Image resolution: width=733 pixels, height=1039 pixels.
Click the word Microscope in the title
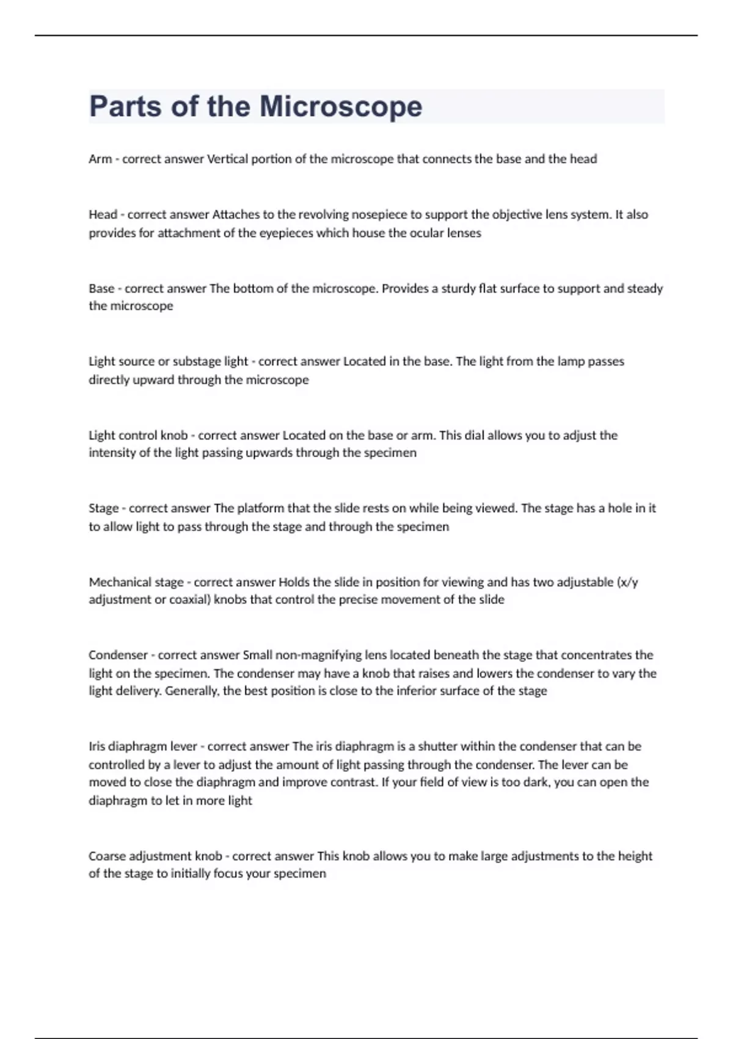point(341,106)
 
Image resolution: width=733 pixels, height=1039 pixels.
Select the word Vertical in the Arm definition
point(227,159)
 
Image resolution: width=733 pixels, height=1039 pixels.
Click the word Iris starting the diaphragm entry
point(98,746)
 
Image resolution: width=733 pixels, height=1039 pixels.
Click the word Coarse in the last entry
point(107,856)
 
